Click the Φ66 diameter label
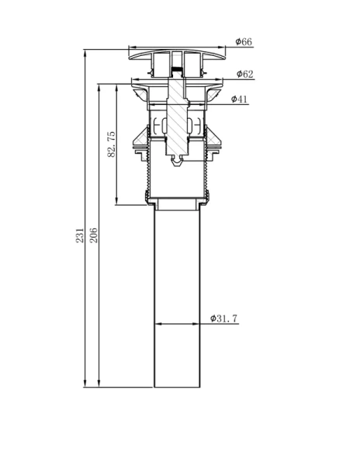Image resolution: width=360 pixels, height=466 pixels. (x=244, y=42)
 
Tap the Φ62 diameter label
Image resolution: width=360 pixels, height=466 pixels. (x=245, y=74)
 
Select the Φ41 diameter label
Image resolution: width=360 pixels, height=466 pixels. (x=239, y=99)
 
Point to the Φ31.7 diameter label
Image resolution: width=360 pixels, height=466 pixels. (x=223, y=318)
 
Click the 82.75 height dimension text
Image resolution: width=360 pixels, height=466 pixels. (x=111, y=144)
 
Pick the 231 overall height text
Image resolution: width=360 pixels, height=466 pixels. (x=80, y=235)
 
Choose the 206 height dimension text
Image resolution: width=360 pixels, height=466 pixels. (x=93, y=235)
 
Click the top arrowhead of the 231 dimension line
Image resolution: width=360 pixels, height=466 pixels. (x=85, y=54)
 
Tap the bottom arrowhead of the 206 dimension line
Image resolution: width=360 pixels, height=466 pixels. (x=99, y=384)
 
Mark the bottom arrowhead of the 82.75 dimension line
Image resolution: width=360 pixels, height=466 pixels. (x=116, y=201)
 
